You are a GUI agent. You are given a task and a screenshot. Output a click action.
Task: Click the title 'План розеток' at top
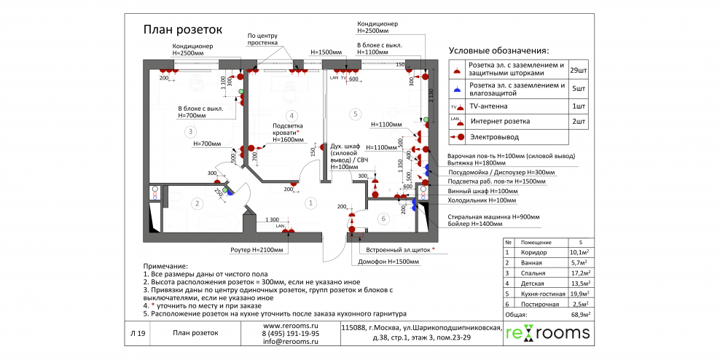182,29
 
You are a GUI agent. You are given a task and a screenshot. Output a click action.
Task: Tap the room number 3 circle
189,132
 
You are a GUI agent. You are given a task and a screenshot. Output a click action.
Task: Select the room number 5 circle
355,114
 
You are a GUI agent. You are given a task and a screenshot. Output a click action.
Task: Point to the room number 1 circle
310,203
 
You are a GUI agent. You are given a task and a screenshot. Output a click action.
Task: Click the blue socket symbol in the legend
456,89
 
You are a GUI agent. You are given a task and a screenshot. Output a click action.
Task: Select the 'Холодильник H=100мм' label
482,200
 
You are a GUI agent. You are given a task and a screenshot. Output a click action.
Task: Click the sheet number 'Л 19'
138,333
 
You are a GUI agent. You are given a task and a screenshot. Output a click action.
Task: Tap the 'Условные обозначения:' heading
498,50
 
